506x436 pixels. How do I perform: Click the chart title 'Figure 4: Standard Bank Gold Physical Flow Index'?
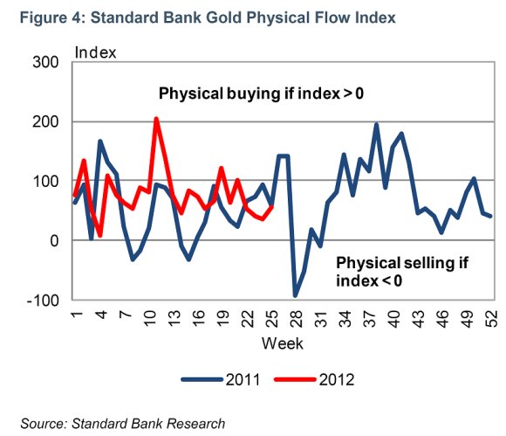pyautogui.click(x=208, y=17)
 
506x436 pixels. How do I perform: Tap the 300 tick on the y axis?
pyautogui.click(x=45, y=62)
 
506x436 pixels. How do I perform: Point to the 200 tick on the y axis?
pyautogui.click(x=45, y=121)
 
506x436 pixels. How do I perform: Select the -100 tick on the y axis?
pyautogui.click(x=43, y=301)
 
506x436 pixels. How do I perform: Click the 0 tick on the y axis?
pyautogui.click(x=54, y=241)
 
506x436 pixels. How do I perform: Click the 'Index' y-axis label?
pyautogui.click(x=95, y=52)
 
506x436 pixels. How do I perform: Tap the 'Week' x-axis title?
pyautogui.click(x=283, y=343)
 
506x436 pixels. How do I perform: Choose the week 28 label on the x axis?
pyautogui.click(x=296, y=319)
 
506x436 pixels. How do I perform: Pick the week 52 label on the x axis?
pyautogui.click(x=491, y=319)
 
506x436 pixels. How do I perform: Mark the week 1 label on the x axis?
pyautogui.click(x=77, y=315)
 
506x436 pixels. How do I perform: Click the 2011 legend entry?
pyautogui.click(x=221, y=379)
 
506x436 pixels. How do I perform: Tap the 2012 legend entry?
pyautogui.click(x=314, y=379)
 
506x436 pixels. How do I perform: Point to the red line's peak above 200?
pyautogui.click(x=156, y=119)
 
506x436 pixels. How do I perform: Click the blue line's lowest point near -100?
pyautogui.click(x=295, y=295)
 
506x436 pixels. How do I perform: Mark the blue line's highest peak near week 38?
pyautogui.click(x=376, y=124)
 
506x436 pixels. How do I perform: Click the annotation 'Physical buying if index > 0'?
pyautogui.click(x=261, y=93)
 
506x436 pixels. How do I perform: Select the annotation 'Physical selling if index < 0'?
pyautogui.click(x=402, y=272)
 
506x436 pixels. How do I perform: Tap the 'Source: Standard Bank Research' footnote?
pyautogui.click(x=123, y=424)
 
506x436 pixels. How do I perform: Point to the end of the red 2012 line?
pyautogui.click(x=272, y=206)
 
